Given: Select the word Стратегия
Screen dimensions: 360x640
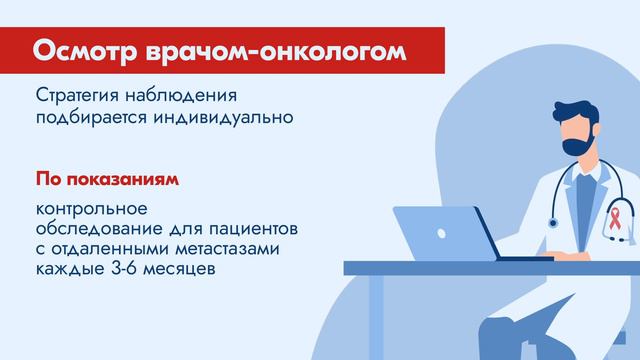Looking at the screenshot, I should (81, 98).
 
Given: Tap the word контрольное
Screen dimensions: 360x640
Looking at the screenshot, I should (91, 210).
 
